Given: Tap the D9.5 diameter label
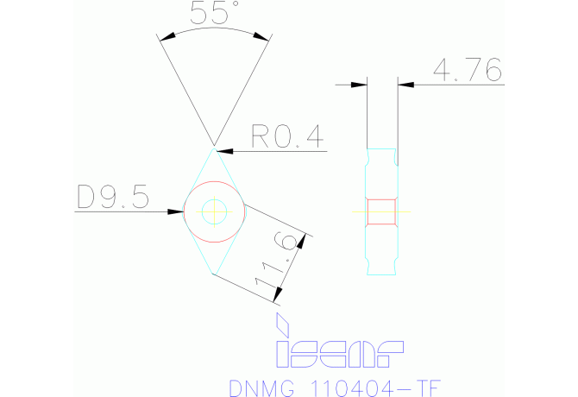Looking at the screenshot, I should pyautogui.click(x=113, y=198).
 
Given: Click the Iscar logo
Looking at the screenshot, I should pyautogui.click(x=339, y=351).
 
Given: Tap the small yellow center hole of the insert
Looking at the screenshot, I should pyautogui.click(x=213, y=211).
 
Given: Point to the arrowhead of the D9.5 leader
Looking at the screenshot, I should pyautogui.click(x=179, y=211).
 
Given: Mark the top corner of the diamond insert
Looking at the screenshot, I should pyautogui.click(x=213, y=147).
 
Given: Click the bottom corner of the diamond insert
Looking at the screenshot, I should pyautogui.click(x=212, y=274).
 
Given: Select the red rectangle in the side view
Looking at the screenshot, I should pyautogui.click(x=382, y=211).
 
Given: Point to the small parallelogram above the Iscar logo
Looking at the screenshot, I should pyautogui.click(x=280, y=325).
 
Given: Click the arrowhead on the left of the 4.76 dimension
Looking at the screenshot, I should pyautogui.click(x=361, y=85).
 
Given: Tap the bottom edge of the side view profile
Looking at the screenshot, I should pyautogui.click(x=382, y=275).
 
